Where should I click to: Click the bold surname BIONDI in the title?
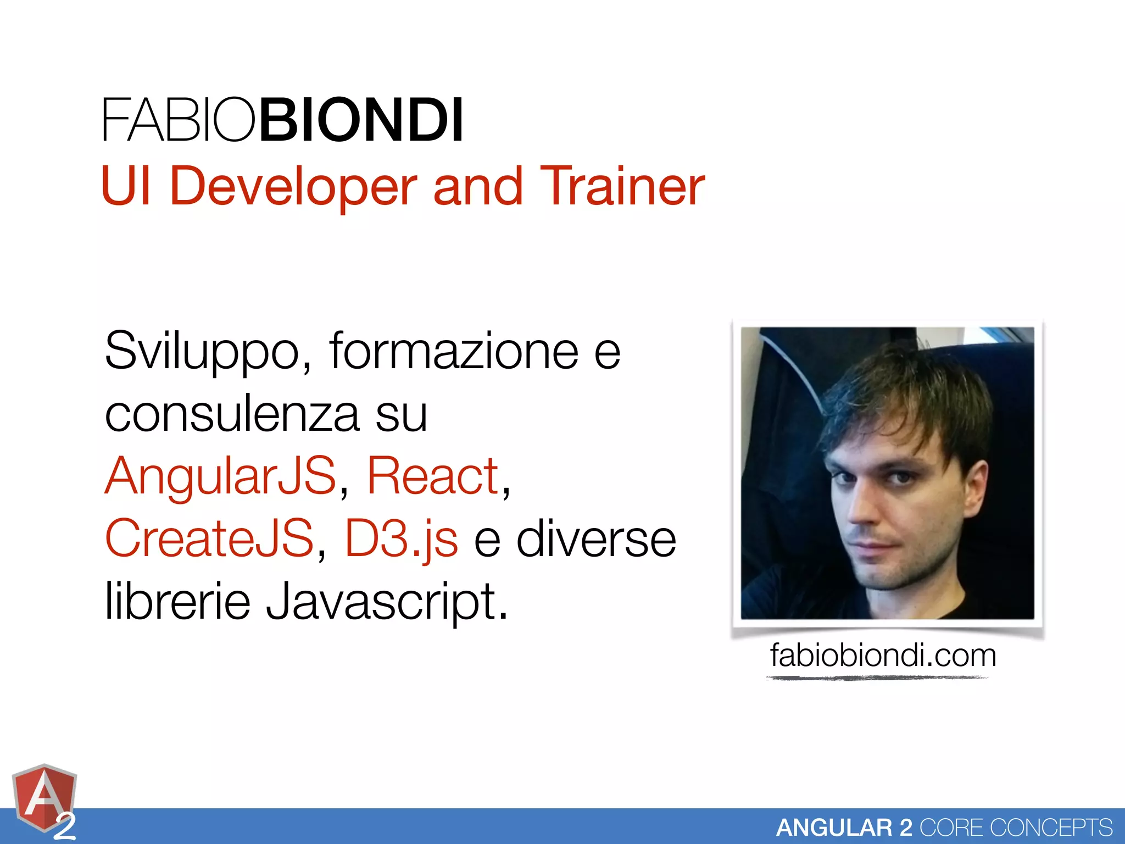pos(361,120)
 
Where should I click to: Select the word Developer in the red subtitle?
pos(293,187)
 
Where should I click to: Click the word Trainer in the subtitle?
pos(622,187)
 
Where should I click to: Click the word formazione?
pos(454,351)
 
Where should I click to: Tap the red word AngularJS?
pos(220,476)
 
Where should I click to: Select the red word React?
pos(433,476)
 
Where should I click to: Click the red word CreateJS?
pos(209,538)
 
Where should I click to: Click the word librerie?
pos(177,601)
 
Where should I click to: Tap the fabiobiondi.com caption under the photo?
pos(883,656)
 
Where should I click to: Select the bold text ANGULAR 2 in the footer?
pos(844,828)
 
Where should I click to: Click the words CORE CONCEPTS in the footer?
pos(1016,828)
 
